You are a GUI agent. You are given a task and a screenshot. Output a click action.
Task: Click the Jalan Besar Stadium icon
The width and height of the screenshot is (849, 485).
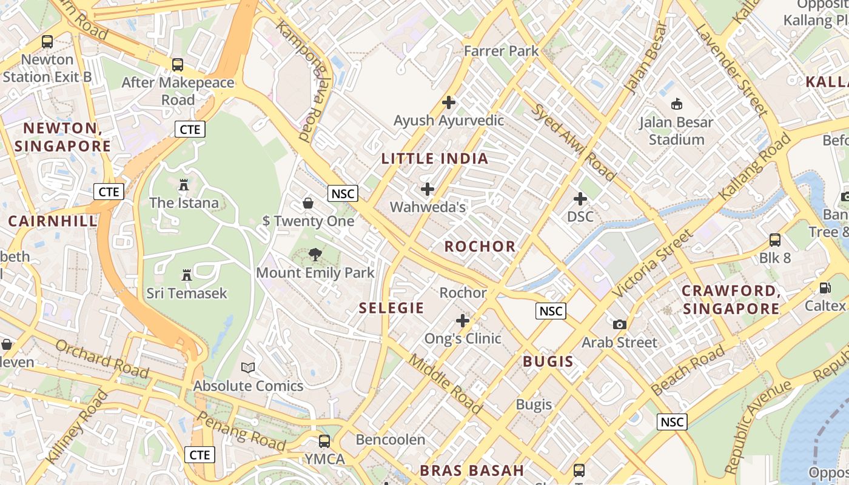[x=676, y=104]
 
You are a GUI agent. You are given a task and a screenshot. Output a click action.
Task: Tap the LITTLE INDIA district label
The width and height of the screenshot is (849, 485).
[x=434, y=159]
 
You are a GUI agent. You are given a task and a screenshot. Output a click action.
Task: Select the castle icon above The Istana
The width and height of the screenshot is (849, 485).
[x=184, y=184]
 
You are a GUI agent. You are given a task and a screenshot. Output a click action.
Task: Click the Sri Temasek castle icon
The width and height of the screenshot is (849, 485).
[x=187, y=275]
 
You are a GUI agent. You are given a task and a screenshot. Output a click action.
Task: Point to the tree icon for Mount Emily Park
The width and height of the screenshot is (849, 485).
[x=315, y=254]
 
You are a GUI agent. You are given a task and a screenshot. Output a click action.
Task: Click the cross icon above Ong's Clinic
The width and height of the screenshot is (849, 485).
[x=463, y=320]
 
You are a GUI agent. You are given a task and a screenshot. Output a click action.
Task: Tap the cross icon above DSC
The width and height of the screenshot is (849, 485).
[x=580, y=198]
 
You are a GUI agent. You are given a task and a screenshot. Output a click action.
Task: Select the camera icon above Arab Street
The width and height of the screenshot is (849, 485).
[x=619, y=324]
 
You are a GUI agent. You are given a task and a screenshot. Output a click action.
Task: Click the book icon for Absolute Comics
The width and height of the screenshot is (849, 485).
[x=248, y=367]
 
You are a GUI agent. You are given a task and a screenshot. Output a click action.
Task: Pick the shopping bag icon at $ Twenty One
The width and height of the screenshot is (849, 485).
[x=308, y=202]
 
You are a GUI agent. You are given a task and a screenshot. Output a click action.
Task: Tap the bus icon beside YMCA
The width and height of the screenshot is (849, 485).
[x=324, y=441]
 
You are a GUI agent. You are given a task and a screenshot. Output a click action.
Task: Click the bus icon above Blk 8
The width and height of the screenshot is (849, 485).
[x=775, y=239]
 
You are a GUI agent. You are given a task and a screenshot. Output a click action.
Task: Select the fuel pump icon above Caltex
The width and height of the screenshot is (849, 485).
[x=825, y=287]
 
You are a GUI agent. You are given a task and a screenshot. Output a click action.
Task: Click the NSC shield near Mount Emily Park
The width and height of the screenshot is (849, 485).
[x=343, y=193]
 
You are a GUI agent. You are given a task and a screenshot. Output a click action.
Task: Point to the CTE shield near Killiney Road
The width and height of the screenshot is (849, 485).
[x=200, y=455]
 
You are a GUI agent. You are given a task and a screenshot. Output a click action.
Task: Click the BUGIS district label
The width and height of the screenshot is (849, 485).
[x=548, y=362]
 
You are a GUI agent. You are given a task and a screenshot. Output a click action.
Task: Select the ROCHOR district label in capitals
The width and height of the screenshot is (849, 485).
[x=480, y=246]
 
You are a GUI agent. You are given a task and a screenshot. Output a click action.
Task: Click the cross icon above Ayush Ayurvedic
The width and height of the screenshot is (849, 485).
[x=449, y=102]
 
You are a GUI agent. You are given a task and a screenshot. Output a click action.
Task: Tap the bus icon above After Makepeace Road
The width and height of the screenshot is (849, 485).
[x=178, y=64]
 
